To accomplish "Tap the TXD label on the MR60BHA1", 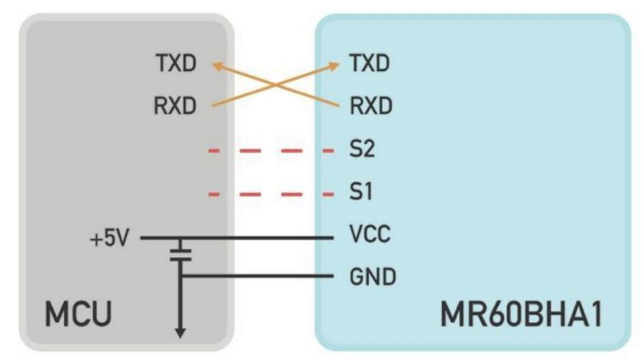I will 370,64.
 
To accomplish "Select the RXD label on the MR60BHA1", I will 370,106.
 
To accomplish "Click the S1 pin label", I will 360,191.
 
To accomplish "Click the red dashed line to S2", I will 272,150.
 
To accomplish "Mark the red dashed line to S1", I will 272,192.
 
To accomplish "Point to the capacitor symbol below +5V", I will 179,254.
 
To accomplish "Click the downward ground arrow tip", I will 179,335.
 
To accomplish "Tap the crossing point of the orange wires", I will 277,85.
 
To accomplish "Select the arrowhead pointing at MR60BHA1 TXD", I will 336,65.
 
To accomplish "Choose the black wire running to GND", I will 264,278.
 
